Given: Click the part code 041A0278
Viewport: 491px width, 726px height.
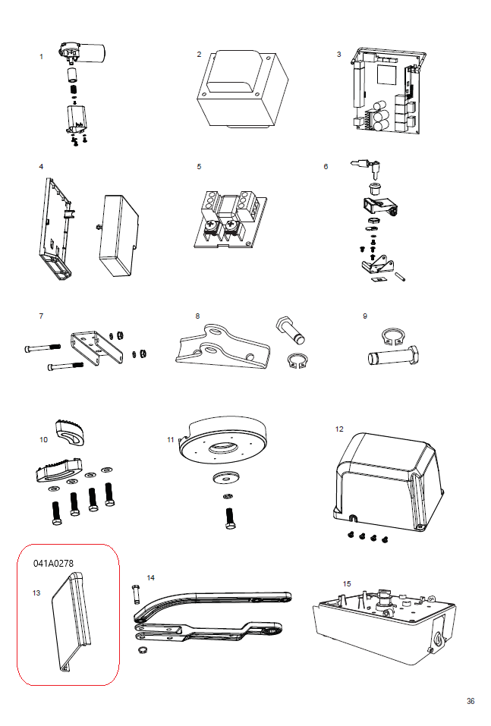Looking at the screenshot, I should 53,564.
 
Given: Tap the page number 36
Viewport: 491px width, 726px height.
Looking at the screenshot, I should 471,701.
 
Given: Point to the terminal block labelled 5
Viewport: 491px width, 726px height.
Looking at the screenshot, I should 226,219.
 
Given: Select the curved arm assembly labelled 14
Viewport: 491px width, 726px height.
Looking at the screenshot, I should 212,615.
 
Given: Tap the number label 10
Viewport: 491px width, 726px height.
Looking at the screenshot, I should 43,439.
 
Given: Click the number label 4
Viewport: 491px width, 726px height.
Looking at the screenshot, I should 41,165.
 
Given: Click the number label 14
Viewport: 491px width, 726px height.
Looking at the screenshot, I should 150,578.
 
